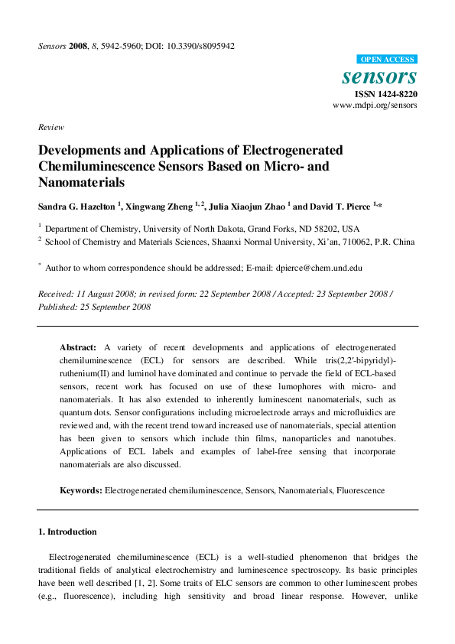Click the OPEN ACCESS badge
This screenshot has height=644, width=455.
386,59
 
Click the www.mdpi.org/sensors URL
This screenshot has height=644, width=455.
375,106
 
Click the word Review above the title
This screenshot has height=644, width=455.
50,127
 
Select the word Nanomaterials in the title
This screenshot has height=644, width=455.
81,183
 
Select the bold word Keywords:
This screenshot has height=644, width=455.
81,490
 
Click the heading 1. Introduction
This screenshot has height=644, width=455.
67,532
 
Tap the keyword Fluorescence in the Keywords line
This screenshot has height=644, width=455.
359,490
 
